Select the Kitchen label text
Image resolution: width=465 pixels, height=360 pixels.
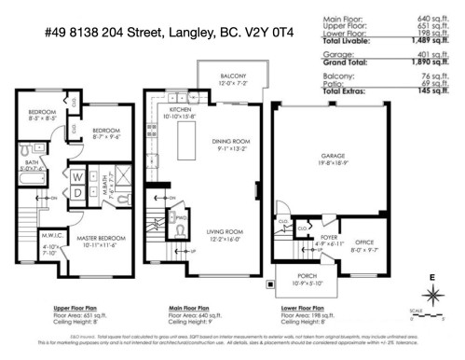(x=181, y=109)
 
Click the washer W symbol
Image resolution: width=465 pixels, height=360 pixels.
(x=77, y=174)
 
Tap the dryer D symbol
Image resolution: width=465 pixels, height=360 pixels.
(x=77, y=192)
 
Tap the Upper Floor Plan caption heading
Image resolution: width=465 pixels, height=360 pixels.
(x=49, y=307)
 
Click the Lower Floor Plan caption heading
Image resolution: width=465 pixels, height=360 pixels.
(x=303, y=307)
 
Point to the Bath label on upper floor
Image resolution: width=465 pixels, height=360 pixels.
(x=31, y=160)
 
